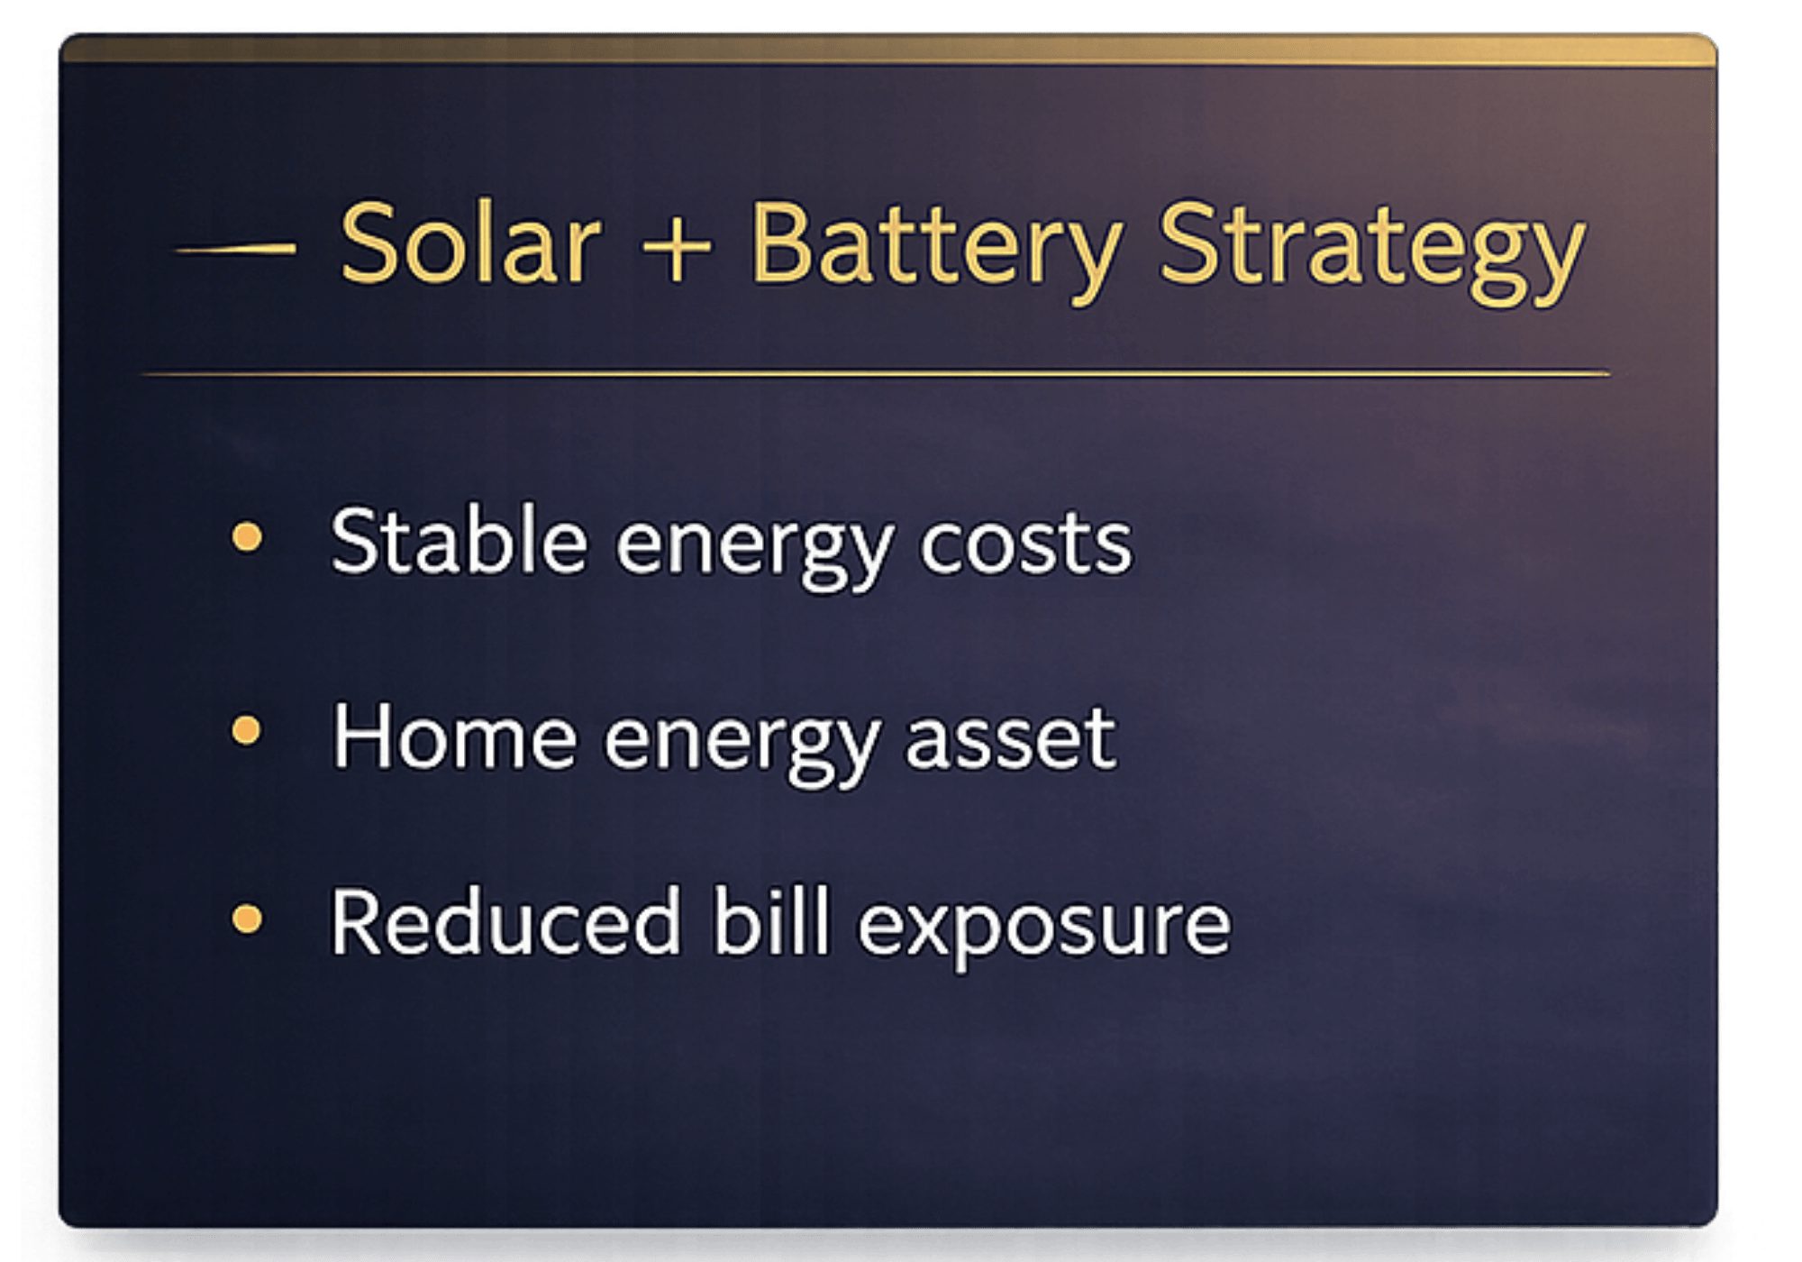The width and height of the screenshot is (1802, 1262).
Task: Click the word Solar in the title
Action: point(469,243)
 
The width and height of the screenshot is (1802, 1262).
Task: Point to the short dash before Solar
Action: point(235,248)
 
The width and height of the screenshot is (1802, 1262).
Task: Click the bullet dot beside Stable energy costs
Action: point(247,537)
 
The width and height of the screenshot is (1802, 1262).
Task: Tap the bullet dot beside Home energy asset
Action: point(246,730)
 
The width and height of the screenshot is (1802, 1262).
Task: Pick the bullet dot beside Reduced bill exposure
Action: point(246,919)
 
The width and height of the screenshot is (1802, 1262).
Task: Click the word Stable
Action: point(460,540)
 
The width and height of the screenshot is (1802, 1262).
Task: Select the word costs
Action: point(1025,544)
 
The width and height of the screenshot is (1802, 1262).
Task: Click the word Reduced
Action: point(505,920)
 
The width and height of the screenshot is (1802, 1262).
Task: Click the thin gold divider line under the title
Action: point(876,372)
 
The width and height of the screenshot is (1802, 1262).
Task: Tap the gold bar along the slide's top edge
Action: point(888,50)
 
